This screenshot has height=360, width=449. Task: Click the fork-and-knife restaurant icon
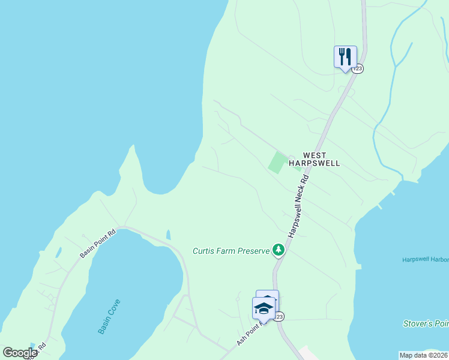pyautogui.click(x=345, y=57)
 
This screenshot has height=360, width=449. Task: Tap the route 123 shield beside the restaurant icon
pyautogui.click(x=358, y=68)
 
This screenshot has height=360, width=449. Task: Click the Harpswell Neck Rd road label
pyautogui.click(x=299, y=205)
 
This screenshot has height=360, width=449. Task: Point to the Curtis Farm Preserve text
pyautogui.click(x=231, y=251)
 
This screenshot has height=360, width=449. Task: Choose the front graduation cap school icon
pyautogui.click(x=263, y=308)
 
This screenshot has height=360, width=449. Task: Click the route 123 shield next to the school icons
pyautogui.click(x=279, y=316)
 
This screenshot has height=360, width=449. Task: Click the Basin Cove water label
pyautogui.click(x=109, y=316)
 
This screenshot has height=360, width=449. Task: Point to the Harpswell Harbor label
pyautogui.click(x=425, y=259)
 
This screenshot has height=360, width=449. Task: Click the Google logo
pyautogui.click(x=20, y=353)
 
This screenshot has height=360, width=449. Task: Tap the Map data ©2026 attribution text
pyautogui.click(x=424, y=355)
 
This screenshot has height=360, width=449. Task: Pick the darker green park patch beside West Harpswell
pyautogui.click(x=277, y=162)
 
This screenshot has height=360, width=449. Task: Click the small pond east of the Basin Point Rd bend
pyautogui.click(x=168, y=234)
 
